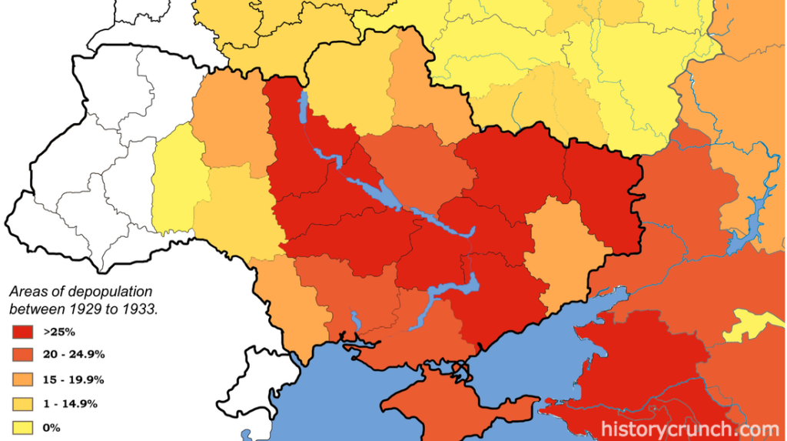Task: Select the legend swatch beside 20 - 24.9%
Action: pos(22,355)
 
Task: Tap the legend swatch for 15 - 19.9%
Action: pos(22,379)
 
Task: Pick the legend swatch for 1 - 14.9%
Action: pos(22,403)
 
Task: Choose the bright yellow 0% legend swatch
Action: pos(22,427)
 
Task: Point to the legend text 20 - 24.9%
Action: pos(74,355)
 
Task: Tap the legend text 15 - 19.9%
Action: pos(74,379)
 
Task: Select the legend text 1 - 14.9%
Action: pos(71,403)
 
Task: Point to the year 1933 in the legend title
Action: pos(135,309)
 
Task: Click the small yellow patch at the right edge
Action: pos(756,324)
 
